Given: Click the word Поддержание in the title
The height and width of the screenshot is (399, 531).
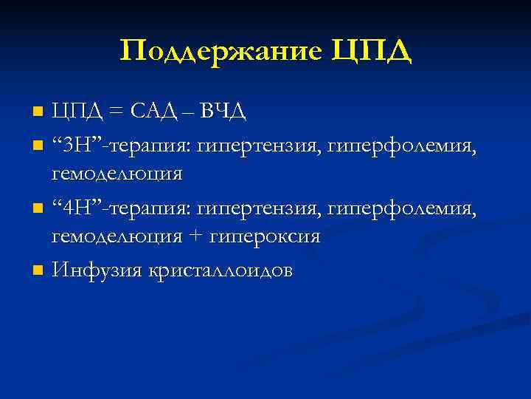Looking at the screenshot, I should [221, 52].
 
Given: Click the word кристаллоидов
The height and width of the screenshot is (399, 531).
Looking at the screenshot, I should [221, 270].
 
